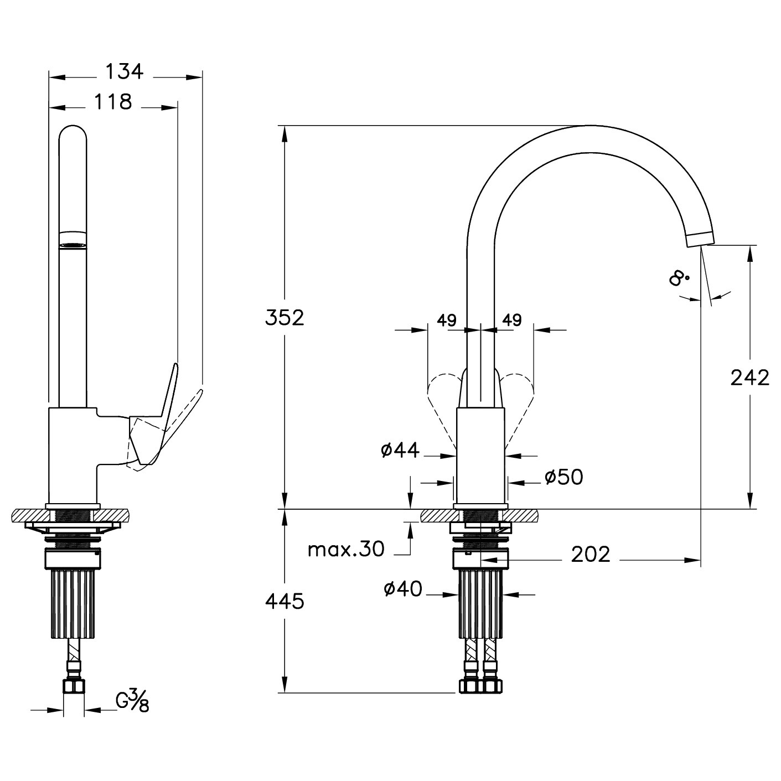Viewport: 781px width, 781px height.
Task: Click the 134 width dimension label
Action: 125,72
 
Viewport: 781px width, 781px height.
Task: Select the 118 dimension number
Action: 113,102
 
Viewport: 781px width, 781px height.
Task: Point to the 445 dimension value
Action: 285,602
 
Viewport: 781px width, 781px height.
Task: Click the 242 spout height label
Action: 750,378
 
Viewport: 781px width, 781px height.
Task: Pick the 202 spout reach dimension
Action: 591,555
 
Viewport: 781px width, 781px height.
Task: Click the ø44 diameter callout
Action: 400,451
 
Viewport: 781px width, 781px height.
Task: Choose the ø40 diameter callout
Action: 404,588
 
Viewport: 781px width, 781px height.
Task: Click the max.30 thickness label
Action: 346,550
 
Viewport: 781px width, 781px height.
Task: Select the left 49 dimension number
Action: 447,320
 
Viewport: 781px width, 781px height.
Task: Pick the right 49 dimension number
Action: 511,320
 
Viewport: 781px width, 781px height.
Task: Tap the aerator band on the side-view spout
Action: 73,240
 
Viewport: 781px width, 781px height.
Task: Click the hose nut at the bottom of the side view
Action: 74,686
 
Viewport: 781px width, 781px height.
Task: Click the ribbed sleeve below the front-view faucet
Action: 480,603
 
